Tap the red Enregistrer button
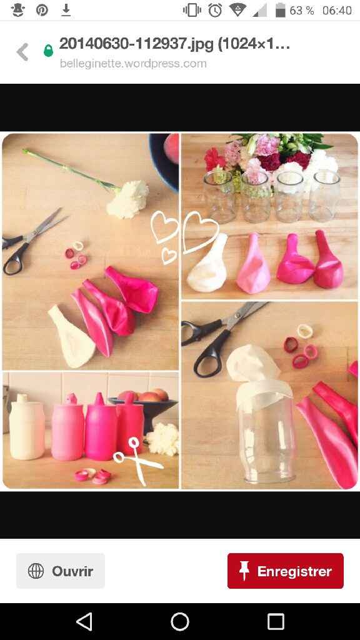[x=285, y=571]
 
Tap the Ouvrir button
[x=61, y=571]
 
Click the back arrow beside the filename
[x=22, y=52]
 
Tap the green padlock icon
[x=48, y=51]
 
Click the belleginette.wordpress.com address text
[x=133, y=63]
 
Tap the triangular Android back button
[x=84, y=622]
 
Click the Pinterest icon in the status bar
[x=42, y=10]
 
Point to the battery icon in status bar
[x=281, y=10]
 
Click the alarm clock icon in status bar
[x=215, y=10]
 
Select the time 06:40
[x=337, y=11]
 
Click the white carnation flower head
[x=127, y=198]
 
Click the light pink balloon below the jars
[x=253, y=264]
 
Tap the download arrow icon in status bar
[x=66, y=10]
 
